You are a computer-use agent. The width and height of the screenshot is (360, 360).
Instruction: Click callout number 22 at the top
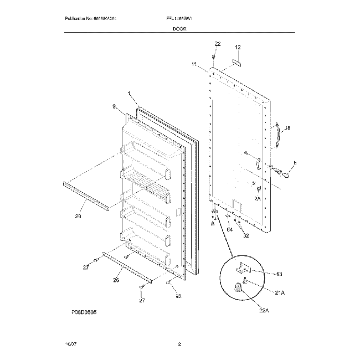tap(218, 44)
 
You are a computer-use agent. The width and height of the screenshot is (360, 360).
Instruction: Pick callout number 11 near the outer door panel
tap(194, 65)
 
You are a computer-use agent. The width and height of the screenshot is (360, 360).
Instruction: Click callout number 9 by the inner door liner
tap(114, 106)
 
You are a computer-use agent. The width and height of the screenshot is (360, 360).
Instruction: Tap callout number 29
tap(78, 216)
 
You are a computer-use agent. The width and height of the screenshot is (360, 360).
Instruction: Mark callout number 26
tap(116, 280)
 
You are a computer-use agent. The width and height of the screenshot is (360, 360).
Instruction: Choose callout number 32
tap(246, 235)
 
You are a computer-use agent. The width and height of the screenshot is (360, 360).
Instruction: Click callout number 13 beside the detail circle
tap(279, 274)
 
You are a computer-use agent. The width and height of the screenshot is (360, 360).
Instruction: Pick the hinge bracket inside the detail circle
tap(243, 269)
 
